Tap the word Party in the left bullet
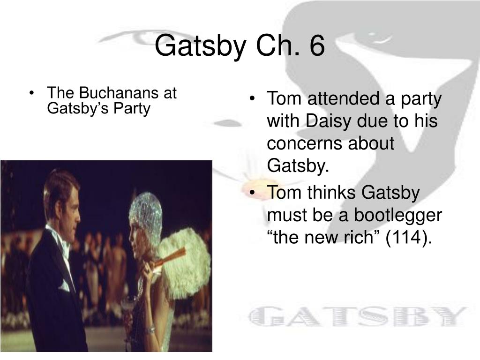pyautogui.click(x=132, y=109)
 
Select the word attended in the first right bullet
pyautogui.click(x=346, y=98)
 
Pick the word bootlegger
pyautogui.click(x=397, y=216)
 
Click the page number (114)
pyautogui.click(x=409, y=237)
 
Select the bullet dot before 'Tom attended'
pyautogui.click(x=252, y=99)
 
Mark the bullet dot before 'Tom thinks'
pyautogui.click(x=252, y=193)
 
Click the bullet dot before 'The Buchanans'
pyautogui.click(x=31, y=93)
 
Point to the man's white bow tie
pyautogui.click(x=65, y=253)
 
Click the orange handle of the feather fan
pyautogui.click(x=169, y=258)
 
